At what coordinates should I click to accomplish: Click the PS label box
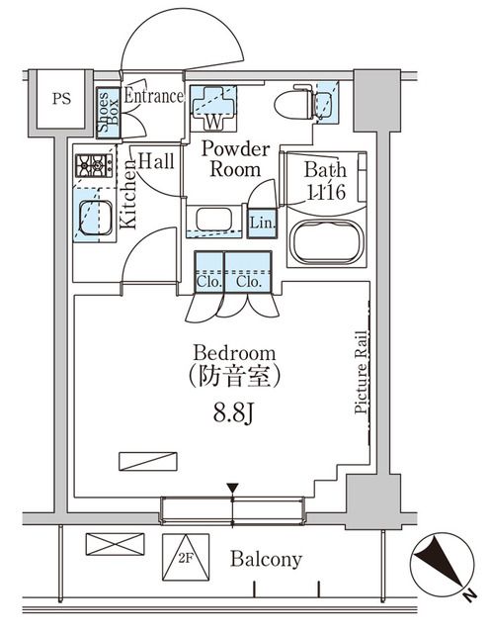[61, 100]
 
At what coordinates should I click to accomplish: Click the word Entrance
[153, 97]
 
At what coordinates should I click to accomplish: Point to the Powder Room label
[235, 159]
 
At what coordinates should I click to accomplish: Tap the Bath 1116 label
[324, 181]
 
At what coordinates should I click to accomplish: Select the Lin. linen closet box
[262, 223]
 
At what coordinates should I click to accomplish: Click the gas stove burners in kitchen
[94, 165]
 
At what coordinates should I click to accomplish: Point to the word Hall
[156, 160]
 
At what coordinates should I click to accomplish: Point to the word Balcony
[266, 560]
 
